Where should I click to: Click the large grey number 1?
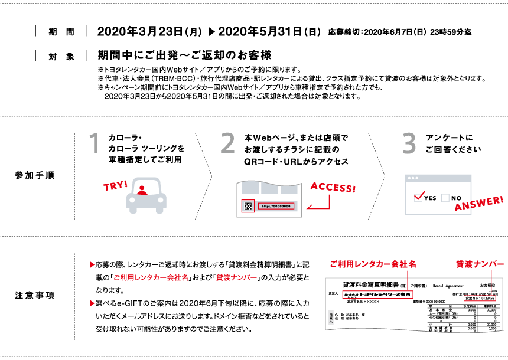(x=94, y=143)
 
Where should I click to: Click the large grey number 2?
(x=227, y=143)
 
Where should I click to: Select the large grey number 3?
(x=409, y=143)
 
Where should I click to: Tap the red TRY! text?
(x=116, y=186)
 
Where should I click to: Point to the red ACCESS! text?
(x=333, y=188)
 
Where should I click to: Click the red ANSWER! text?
(x=479, y=204)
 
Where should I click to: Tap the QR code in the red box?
(x=248, y=206)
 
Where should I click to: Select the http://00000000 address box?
(x=276, y=206)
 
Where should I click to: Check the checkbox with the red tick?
(x=419, y=197)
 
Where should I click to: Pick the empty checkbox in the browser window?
(x=445, y=198)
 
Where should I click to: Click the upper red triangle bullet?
(x=92, y=264)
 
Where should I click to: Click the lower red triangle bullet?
(x=92, y=303)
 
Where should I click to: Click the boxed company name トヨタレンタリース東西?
(x=378, y=294)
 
